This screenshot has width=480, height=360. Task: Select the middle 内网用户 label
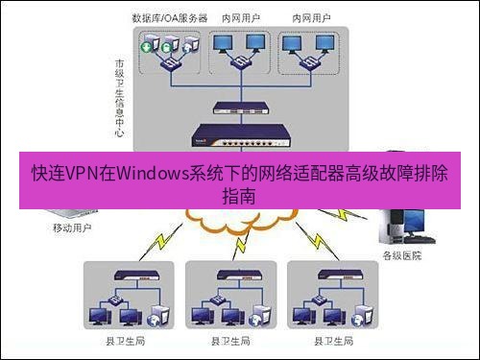click(240, 18)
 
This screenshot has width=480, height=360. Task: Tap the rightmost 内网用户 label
click(309, 18)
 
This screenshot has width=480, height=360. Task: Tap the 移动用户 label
click(73, 229)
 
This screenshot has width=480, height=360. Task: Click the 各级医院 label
click(401, 255)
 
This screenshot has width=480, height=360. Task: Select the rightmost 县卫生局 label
click(331, 341)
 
